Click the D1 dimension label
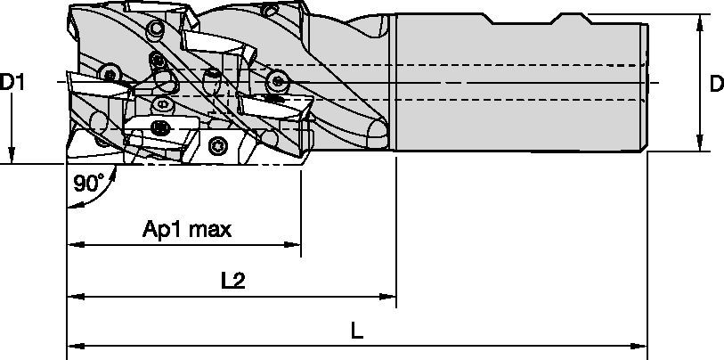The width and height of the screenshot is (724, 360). [x=12, y=82]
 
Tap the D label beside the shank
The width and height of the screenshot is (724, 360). [x=715, y=82]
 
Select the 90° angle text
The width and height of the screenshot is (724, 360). [x=88, y=184]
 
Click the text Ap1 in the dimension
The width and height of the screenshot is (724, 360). [x=161, y=230]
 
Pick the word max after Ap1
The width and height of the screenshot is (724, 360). [x=210, y=230]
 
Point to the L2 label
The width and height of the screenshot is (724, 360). [x=232, y=281]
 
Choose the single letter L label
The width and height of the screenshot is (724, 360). [x=357, y=331]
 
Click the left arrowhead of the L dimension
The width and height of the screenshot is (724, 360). [x=75, y=344]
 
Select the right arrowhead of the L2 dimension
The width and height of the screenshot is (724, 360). [x=388, y=294]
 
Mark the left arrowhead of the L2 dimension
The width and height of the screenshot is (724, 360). [x=75, y=294]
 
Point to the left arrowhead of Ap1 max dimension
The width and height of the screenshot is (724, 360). [x=75, y=243]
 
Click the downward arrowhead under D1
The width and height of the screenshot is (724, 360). [x=12, y=157]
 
